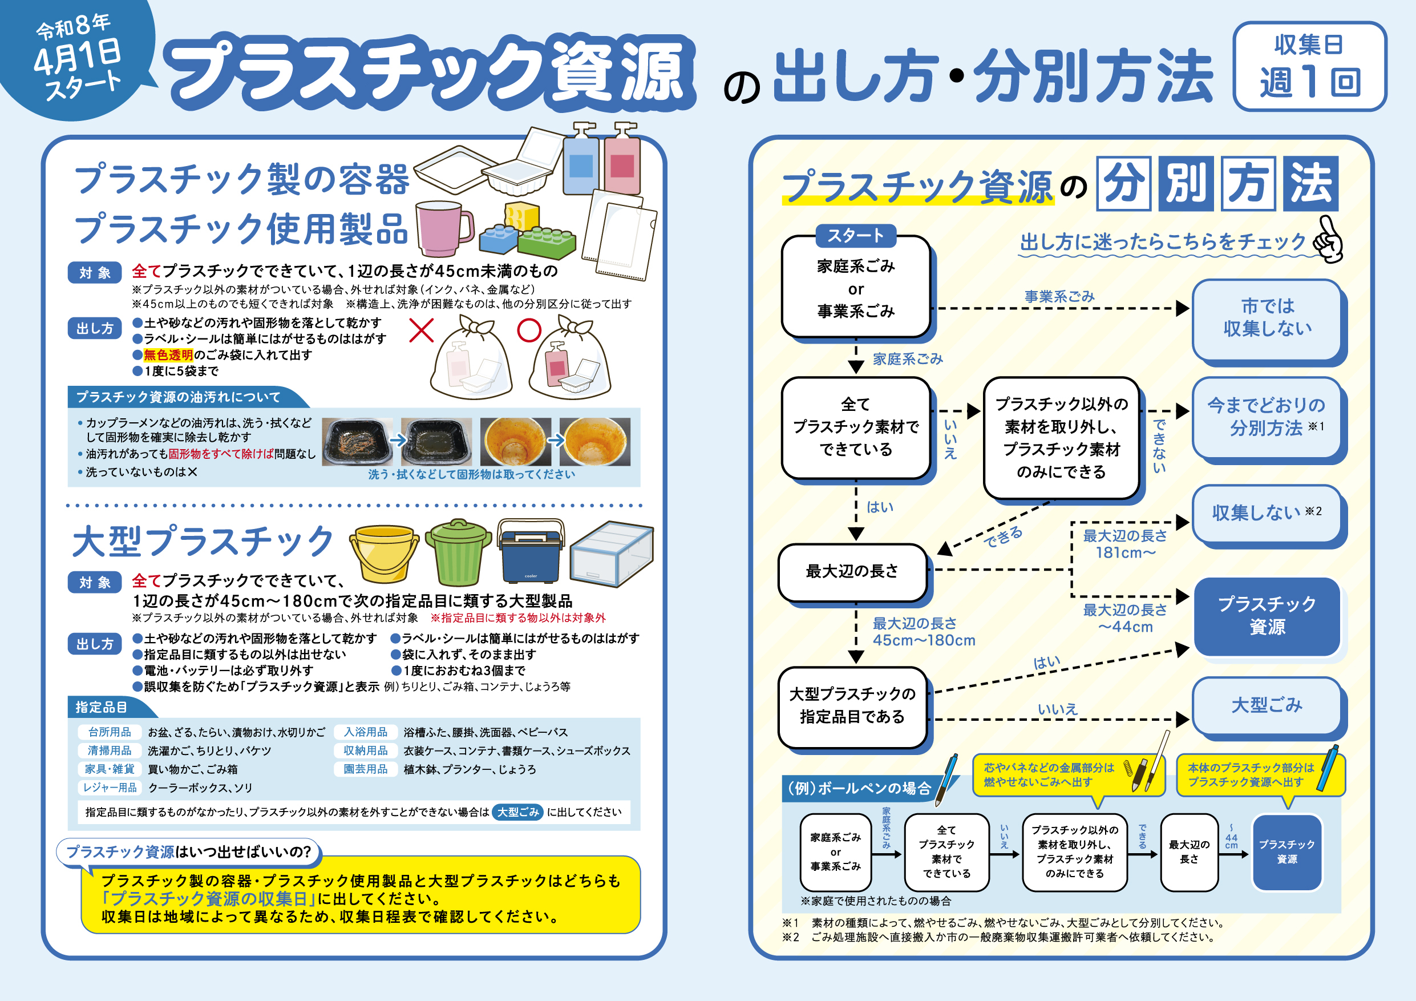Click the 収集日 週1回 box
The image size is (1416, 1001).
tap(1309, 66)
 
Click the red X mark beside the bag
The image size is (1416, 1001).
tap(422, 330)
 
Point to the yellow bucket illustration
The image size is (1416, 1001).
tap(383, 552)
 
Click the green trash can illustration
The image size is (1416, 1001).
tap(458, 552)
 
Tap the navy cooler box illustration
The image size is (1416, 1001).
tap(531, 551)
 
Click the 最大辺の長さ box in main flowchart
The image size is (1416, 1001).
tap(852, 571)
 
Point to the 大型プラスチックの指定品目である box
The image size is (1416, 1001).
tap(852, 705)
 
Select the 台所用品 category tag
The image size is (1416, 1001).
tap(110, 732)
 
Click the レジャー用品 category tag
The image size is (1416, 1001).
tap(110, 788)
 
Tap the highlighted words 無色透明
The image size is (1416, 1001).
tap(168, 354)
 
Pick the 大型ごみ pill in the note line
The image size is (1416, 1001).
tap(518, 812)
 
